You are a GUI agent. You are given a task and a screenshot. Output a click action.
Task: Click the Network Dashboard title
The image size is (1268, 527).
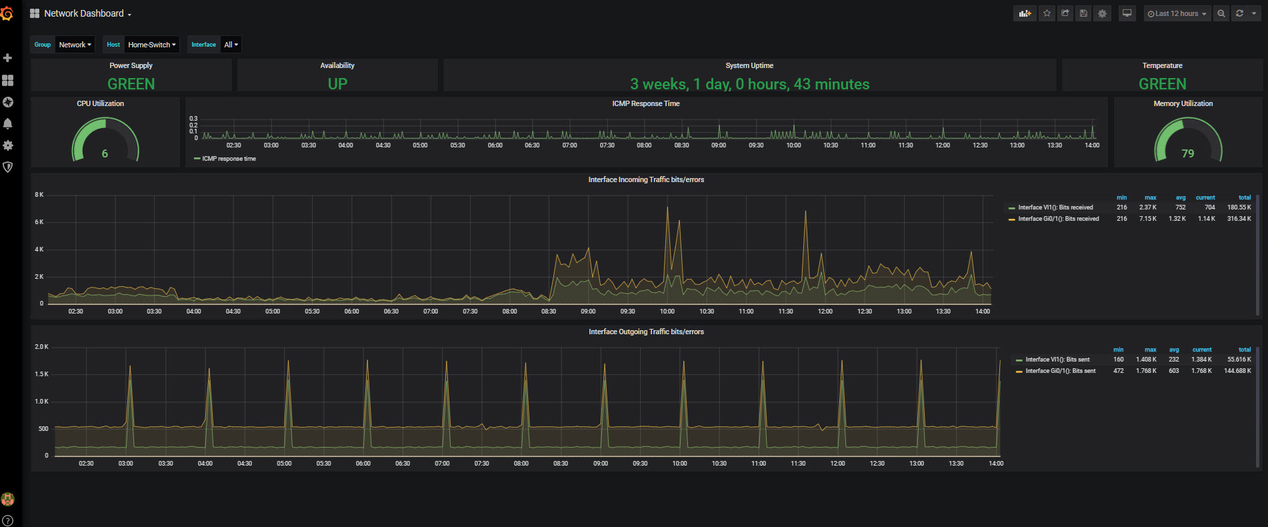point(84,13)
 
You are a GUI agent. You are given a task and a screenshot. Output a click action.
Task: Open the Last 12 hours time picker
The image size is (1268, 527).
point(1177,13)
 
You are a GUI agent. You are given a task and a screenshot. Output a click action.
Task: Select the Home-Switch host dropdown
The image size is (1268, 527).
point(152,45)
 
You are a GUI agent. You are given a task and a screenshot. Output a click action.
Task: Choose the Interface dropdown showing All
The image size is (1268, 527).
point(231,45)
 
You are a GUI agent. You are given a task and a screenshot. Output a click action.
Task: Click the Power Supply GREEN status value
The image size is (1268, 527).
point(131,84)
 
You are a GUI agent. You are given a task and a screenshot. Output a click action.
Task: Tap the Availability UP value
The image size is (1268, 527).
point(337,84)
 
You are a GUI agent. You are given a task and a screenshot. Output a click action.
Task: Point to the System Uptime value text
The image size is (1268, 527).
point(749,84)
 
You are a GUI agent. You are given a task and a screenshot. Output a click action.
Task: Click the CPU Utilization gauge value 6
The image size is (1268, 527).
point(105,153)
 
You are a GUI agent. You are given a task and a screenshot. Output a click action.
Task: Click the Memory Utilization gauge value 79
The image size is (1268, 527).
point(1187,153)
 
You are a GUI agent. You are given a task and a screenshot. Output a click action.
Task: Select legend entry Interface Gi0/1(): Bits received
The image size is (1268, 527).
point(1058,219)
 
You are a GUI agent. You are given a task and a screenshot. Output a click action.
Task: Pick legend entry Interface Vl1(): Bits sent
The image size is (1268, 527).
point(1057,360)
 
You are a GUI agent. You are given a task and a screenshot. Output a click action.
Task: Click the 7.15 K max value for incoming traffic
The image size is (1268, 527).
point(1147,219)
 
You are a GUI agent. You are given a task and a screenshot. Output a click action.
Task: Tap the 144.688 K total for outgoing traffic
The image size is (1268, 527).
point(1237,371)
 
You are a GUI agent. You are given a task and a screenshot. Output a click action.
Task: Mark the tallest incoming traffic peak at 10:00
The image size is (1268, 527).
point(667,208)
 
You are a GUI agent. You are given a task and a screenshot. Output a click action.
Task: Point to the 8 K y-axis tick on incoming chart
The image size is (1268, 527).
point(39,195)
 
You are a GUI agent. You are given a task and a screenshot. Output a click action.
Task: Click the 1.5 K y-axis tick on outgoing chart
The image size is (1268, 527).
point(41,374)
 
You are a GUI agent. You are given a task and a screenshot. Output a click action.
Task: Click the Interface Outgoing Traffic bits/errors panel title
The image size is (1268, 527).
point(646,332)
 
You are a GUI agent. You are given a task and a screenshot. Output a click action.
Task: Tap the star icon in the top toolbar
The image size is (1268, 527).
point(1047,13)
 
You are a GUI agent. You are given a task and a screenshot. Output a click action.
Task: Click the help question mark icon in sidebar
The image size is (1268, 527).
point(8,520)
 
